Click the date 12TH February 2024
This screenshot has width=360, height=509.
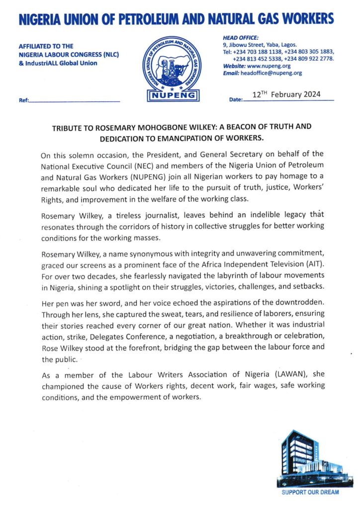pos(286,94)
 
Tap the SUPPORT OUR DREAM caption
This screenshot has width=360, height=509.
pos(310,492)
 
